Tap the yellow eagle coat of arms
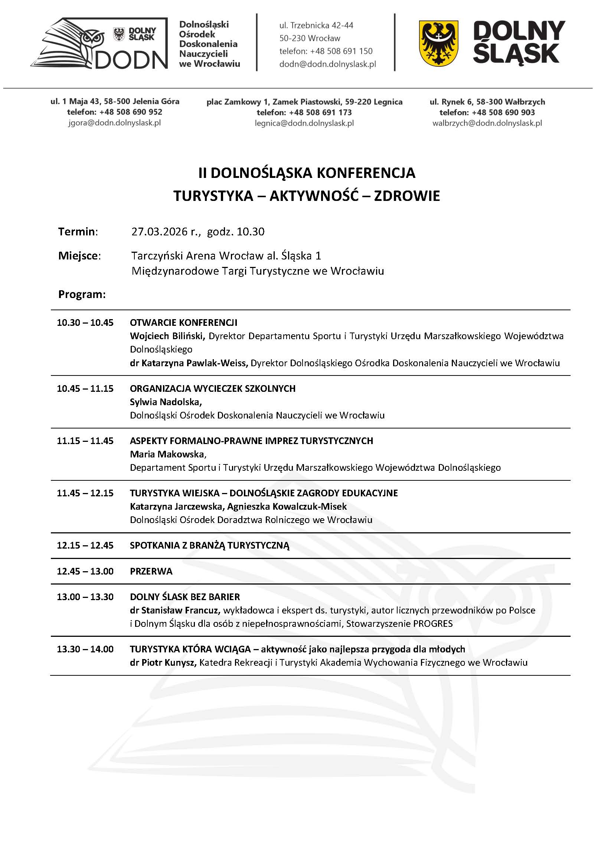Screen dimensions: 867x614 (x=438, y=43)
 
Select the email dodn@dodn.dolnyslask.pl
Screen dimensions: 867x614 (x=327, y=64)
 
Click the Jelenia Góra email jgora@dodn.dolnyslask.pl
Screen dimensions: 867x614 (x=115, y=123)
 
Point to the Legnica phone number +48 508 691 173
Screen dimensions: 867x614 (x=320, y=112)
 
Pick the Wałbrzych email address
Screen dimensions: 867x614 (x=487, y=123)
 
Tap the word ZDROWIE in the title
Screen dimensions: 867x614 (x=407, y=196)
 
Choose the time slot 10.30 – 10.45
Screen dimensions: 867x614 (x=85, y=322)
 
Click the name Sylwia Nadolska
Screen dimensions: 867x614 (x=166, y=402)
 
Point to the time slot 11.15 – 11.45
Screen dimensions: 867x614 (x=85, y=441)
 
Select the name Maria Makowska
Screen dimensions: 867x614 (x=167, y=454)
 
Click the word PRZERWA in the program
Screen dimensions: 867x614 (x=151, y=571)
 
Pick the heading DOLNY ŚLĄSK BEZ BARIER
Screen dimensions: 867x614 (x=184, y=597)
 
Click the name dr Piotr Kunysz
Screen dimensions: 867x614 (x=163, y=662)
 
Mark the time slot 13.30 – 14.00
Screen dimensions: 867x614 (x=85, y=649)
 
